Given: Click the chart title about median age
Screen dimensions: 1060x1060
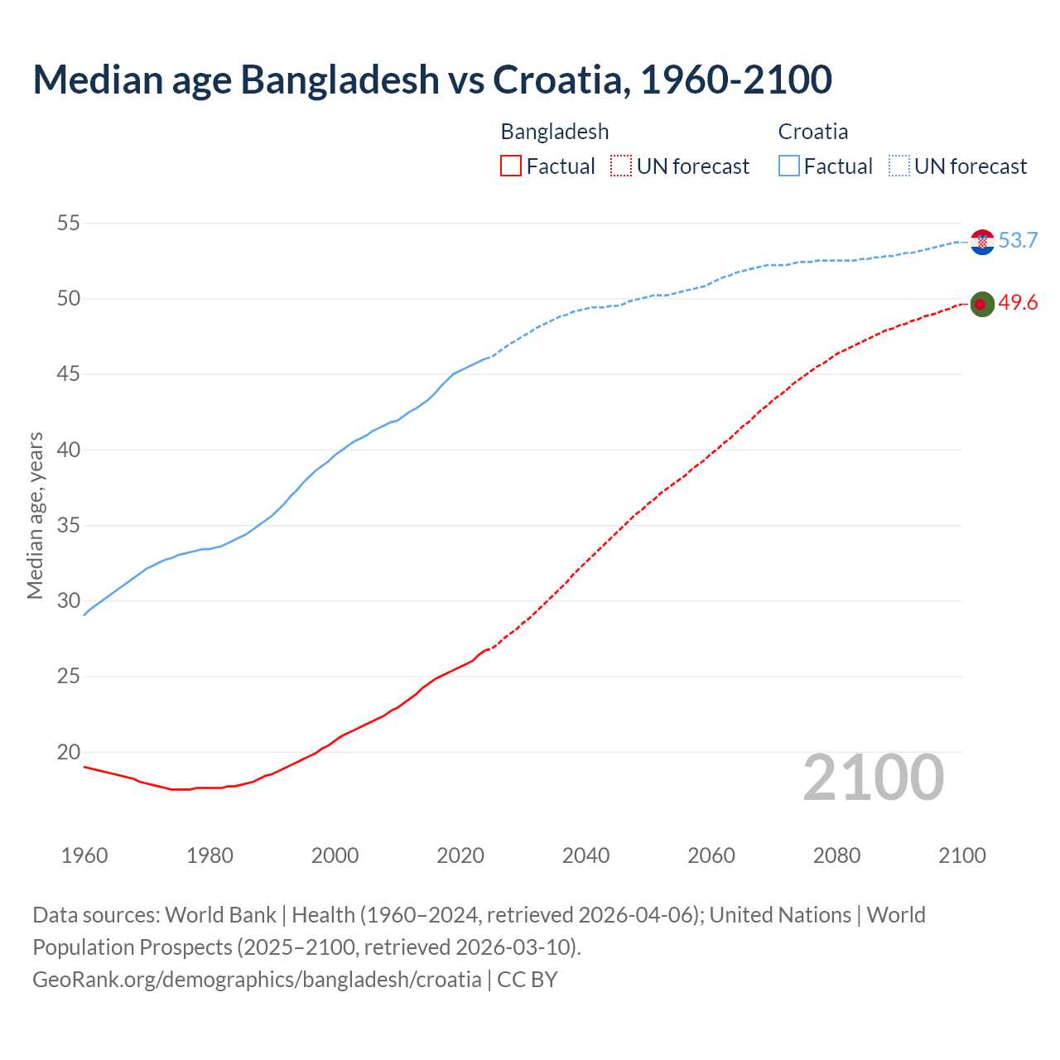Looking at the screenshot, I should pyautogui.click(x=431, y=79).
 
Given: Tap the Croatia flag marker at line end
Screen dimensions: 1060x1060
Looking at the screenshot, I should pyautogui.click(x=982, y=242).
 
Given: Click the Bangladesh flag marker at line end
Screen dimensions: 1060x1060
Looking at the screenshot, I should pyautogui.click(x=982, y=305).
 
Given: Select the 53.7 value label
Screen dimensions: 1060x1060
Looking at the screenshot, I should pyautogui.click(x=1018, y=240).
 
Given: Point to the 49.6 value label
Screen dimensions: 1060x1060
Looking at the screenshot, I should pyautogui.click(x=1018, y=303).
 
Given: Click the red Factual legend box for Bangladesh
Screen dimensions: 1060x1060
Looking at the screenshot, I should pyautogui.click(x=511, y=166).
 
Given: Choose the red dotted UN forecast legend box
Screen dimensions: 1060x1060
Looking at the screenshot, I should pyautogui.click(x=621, y=166).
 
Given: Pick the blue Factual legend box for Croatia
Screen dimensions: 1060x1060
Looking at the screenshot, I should pyautogui.click(x=789, y=166).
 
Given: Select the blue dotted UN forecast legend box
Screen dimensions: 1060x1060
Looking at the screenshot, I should pyautogui.click(x=899, y=166).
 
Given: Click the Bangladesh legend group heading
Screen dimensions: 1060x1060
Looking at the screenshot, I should pyautogui.click(x=555, y=132).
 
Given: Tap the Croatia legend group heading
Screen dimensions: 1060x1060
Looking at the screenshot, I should pyautogui.click(x=813, y=132).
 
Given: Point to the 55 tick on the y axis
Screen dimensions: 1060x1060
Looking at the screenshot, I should pyautogui.click(x=69, y=223).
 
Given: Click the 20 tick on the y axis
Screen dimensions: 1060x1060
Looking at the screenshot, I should pyautogui.click(x=69, y=752).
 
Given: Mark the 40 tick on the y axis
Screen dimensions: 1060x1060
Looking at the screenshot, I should pyautogui.click(x=69, y=450).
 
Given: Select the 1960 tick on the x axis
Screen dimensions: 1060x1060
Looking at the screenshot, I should pyautogui.click(x=84, y=855).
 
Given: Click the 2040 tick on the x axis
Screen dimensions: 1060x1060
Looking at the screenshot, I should pyautogui.click(x=585, y=855).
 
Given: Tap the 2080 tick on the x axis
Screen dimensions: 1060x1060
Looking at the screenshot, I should pyautogui.click(x=836, y=855).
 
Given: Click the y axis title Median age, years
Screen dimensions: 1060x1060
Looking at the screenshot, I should pyautogui.click(x=35, y=515).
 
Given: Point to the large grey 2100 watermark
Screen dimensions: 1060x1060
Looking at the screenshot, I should pyautogui.click(x=873, y=778).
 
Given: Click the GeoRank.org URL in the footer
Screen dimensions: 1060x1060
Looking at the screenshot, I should pyautogui.click(x=257, y=980).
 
